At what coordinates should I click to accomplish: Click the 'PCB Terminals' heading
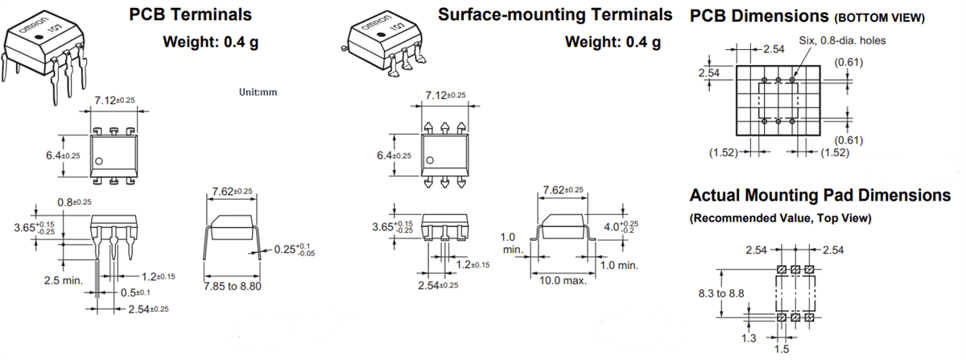click(190, 14)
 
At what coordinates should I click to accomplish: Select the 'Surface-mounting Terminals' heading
click(555, 14)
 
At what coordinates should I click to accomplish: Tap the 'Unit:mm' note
click(258, 92)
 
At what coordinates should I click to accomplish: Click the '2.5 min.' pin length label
click(64, 279)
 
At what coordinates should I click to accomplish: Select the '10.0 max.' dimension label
click(563, 280)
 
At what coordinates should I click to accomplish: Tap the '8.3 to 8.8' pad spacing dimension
click(723, 294)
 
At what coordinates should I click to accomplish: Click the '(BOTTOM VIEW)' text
click(879, 18)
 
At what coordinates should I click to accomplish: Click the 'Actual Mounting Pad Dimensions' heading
click(819, 196)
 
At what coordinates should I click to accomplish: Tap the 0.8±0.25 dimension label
click(75, 201)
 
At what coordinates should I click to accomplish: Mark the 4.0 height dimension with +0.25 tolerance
click(620, 228)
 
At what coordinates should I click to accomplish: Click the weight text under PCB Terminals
click(210, 43)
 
